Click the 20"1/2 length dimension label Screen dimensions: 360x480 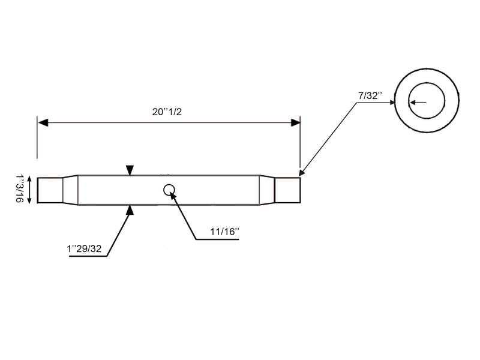167,111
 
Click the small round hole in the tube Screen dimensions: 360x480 169,190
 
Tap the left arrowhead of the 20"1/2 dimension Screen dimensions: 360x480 43,122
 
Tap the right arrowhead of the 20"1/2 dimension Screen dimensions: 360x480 295,122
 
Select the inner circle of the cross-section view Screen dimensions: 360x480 427,101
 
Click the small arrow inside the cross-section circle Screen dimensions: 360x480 417,102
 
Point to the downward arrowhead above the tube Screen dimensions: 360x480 130,171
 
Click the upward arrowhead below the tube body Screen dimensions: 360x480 130,209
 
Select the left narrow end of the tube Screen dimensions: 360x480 50,190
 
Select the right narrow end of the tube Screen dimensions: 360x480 287,190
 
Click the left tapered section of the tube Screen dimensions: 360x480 70,190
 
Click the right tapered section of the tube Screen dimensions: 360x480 267,190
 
